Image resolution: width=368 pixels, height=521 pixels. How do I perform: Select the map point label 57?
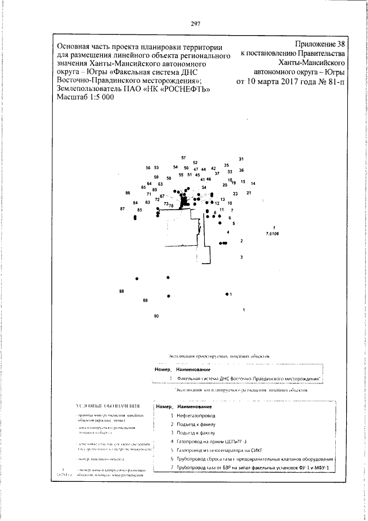[183, 158]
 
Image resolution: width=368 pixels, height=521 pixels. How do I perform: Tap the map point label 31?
[241, 159]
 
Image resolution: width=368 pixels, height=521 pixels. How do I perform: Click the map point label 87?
[122, 208]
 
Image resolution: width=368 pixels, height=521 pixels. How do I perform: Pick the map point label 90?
[156, 317]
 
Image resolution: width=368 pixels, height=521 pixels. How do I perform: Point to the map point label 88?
[121, 292]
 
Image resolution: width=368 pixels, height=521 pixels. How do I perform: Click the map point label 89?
[145, 301]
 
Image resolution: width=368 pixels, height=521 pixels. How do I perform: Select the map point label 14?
[253, 183]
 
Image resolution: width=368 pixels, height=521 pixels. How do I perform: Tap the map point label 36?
[241, 170]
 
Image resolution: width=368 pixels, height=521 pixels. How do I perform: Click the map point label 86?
[128, 192]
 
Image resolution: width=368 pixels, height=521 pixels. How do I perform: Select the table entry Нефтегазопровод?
[197, 414]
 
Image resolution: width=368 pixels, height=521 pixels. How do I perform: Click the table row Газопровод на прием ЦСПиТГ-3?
[216, 441]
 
